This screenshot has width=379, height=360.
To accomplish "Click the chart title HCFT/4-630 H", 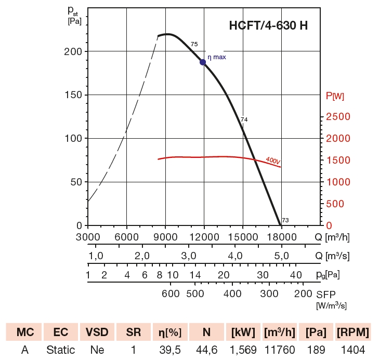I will coord(268,25).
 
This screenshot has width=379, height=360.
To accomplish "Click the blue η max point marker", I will coord(203,62).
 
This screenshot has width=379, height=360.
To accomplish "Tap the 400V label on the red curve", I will coord(272,161).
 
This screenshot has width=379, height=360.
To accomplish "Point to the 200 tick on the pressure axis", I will coord(75,51).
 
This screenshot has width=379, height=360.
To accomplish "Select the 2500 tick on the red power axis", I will coord(338,117).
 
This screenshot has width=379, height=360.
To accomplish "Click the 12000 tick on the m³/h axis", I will coord(204,237).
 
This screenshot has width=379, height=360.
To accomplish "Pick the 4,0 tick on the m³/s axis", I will coord(235,256).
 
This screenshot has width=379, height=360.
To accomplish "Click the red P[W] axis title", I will coord(334,96).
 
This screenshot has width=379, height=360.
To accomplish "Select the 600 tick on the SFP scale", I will coord(171,294).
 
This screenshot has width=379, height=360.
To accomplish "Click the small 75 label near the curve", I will coord(194,45).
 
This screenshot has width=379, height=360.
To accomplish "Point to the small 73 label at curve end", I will coord(285,220).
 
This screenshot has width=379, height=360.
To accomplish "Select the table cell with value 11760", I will coord(280,350).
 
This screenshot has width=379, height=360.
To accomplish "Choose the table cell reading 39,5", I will coord(169,350).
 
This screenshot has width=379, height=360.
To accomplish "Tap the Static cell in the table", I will coord(60,350).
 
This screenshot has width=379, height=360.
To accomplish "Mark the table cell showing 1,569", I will coord(243,350).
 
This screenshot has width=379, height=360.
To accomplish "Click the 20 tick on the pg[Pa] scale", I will coord(224,275).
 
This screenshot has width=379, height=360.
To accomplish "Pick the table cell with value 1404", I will coord(354,350).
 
